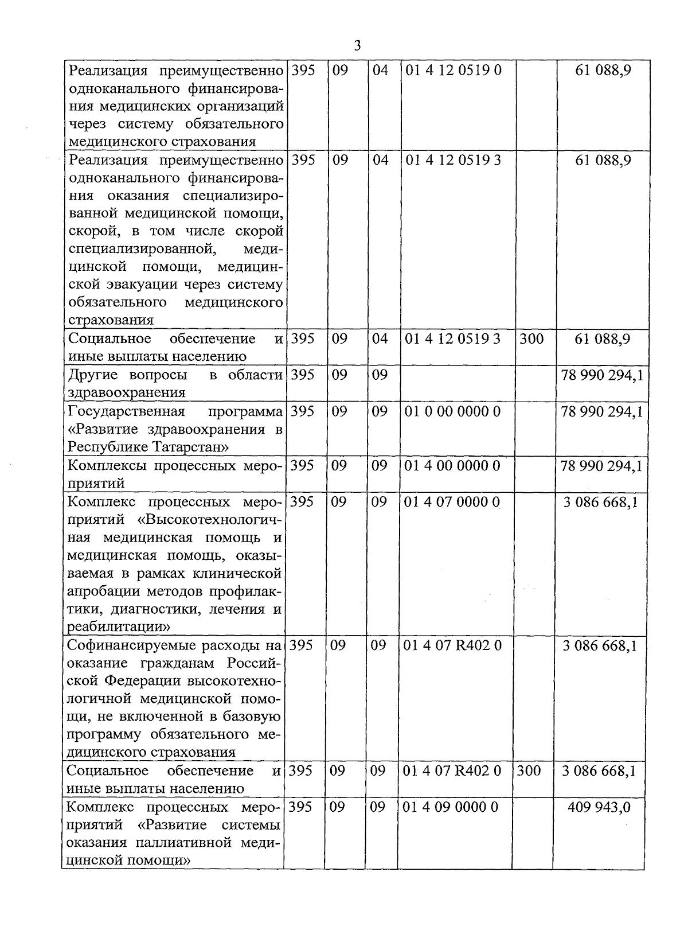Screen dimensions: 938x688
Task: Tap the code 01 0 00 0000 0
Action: [452, 411]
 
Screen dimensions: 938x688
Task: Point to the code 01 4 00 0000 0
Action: [452, 465]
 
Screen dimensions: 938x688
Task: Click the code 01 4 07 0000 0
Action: [451, 502]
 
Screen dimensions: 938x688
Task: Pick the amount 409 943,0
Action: [599, 807]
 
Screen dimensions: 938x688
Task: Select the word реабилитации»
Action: [119, 626]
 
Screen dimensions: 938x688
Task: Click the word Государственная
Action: [126, 411]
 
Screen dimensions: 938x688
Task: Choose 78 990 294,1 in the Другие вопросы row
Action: [602, 375]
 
